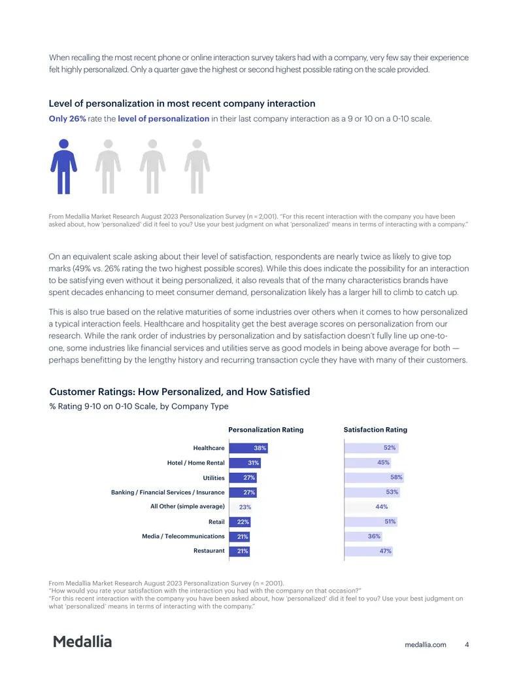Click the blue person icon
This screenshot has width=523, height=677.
point(64,167)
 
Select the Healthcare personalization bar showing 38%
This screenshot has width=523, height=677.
point(248,448)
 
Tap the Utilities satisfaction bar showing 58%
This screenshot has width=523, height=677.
point(374,477)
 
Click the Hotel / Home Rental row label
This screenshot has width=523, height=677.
point(196,463)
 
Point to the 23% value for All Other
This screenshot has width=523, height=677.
point(245,508)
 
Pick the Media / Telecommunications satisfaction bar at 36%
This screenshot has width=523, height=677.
point(363,536)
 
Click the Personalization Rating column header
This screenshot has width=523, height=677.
point(266,430)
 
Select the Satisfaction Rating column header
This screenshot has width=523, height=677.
point(375,430)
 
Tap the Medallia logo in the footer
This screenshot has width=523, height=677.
point(82,642)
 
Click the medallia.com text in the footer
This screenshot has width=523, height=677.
point(426,644)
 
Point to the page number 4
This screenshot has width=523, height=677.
point(467,644)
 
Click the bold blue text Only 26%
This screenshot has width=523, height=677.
point(67,119)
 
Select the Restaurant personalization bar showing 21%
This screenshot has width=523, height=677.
point(239,551)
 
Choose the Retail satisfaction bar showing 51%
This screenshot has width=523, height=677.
point(371,521)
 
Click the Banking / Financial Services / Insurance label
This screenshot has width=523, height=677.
point(168,492)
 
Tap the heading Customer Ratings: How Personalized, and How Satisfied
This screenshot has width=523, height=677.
point(180,392)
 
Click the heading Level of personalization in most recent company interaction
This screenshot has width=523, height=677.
point(182,103)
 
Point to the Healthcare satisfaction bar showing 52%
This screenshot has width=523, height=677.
point(371,448)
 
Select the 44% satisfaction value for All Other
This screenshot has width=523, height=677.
point(381,507)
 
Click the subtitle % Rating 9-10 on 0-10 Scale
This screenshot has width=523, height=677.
point(139,406)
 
